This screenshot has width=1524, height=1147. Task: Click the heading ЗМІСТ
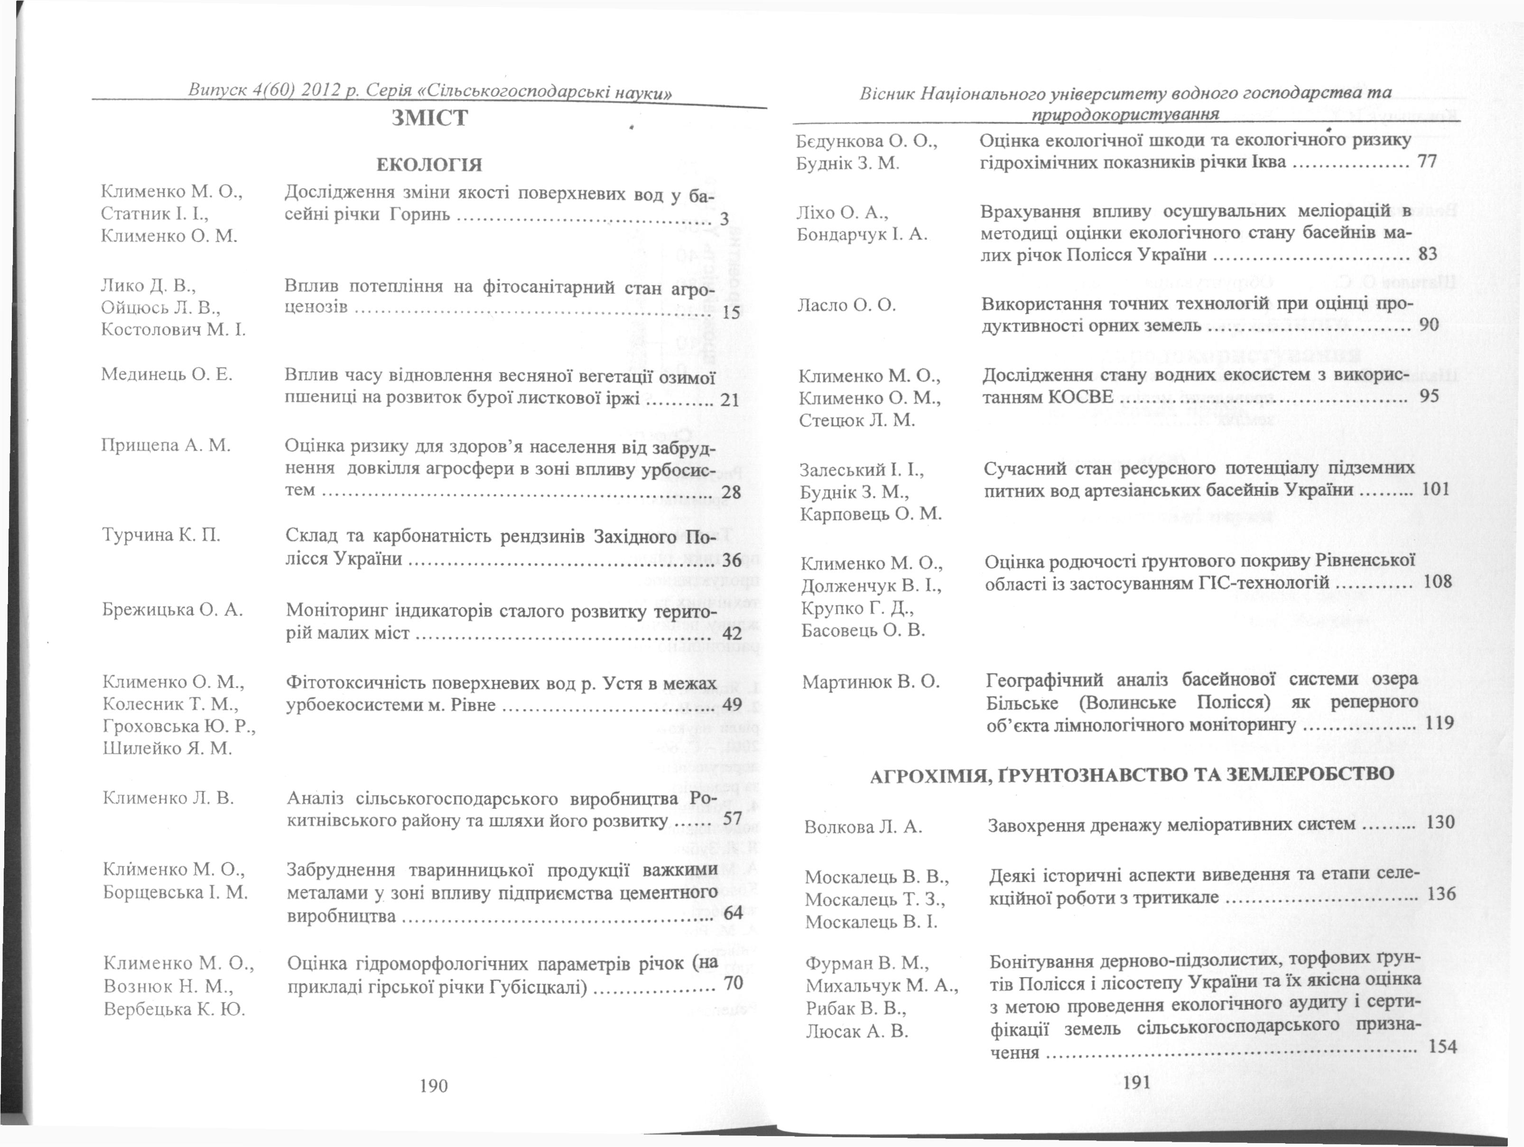pos(429,118)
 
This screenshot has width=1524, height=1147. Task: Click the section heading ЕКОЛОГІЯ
pos(429,165)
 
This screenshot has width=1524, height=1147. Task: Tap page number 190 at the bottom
pos(433,1086)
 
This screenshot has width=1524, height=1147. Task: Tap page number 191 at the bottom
pos(1137,1083)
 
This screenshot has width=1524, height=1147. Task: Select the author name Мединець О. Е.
pos(167,375)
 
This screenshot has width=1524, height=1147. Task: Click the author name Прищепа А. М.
pos(165,445)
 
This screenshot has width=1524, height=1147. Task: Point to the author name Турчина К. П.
pos(161,535)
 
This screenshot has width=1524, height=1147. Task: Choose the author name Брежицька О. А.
pos(172,609)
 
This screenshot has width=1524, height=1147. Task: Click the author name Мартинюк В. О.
pos(871,682)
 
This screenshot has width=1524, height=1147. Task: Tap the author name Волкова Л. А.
pos(863,827)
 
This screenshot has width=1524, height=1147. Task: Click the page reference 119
pos(1439,723)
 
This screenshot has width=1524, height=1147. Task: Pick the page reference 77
pos(1427,162)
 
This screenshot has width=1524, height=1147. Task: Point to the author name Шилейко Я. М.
pos(167,748)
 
